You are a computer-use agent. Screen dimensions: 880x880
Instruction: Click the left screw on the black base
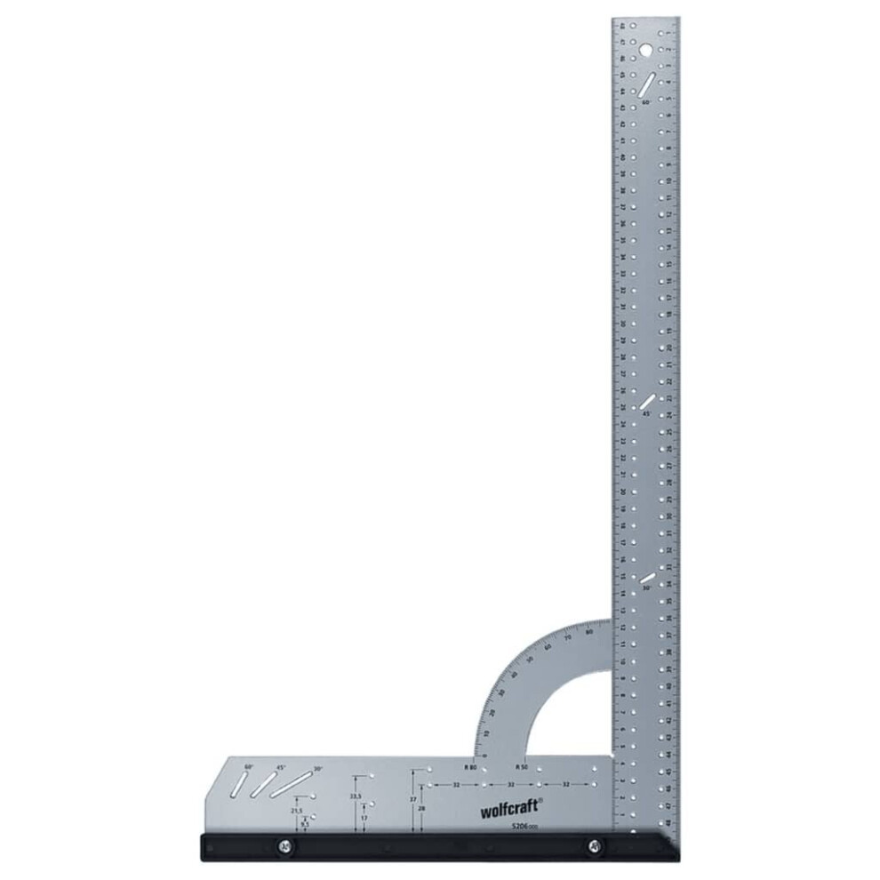(284, 846)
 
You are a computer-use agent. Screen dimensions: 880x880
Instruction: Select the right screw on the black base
(593, 846)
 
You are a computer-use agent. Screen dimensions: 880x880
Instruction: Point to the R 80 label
(470, 766)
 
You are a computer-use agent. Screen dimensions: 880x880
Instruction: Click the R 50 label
(523, 766)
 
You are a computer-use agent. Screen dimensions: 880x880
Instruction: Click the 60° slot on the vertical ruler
(647, 85)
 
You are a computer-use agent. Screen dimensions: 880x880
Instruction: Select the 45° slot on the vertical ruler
(648, 403)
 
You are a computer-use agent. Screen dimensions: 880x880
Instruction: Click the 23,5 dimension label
(356, 796)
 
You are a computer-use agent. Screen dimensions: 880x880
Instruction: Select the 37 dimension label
(412, 800)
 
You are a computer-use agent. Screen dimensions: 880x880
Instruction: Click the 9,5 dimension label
(305, 825)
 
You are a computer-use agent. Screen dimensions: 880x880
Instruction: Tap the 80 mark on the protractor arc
(590, 632)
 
